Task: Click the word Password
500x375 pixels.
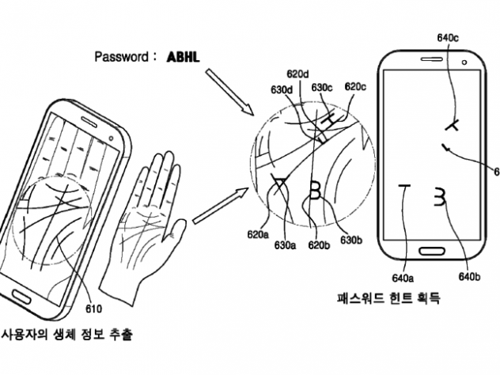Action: click(x=120, y=57)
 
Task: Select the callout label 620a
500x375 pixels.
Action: click(x=257, y=235)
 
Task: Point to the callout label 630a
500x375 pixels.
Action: click(x=285, y=246)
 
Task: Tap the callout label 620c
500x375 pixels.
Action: click(x=356, y=86)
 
